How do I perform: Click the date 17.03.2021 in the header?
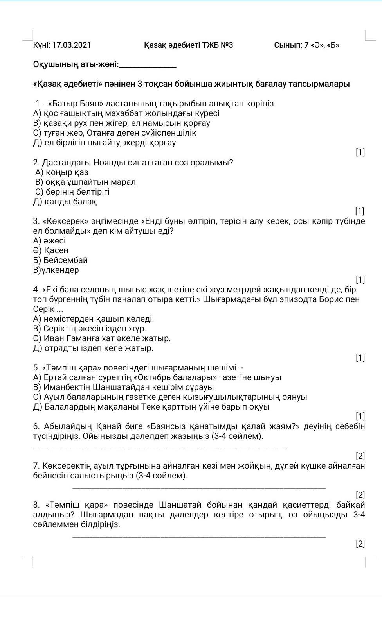point(71,45)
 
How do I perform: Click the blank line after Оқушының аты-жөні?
point(148,66)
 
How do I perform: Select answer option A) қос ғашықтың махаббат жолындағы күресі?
point(126,113)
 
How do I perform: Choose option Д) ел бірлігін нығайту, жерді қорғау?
point(105,143)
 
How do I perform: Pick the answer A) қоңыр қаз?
point(62,172)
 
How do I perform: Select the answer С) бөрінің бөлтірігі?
point(72,192)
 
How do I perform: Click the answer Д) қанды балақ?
point(65,202)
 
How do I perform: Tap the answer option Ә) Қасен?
point(51,250)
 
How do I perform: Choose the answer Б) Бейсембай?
point(60,260)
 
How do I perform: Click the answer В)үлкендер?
point(56,270)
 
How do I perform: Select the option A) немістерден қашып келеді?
point(94,319)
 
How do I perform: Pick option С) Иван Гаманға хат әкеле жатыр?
point(102,338)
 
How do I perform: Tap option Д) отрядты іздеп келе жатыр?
point(93,348)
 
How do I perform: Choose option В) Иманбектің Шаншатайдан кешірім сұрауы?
point(123,387)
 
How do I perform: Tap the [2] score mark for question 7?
point(360,495)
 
